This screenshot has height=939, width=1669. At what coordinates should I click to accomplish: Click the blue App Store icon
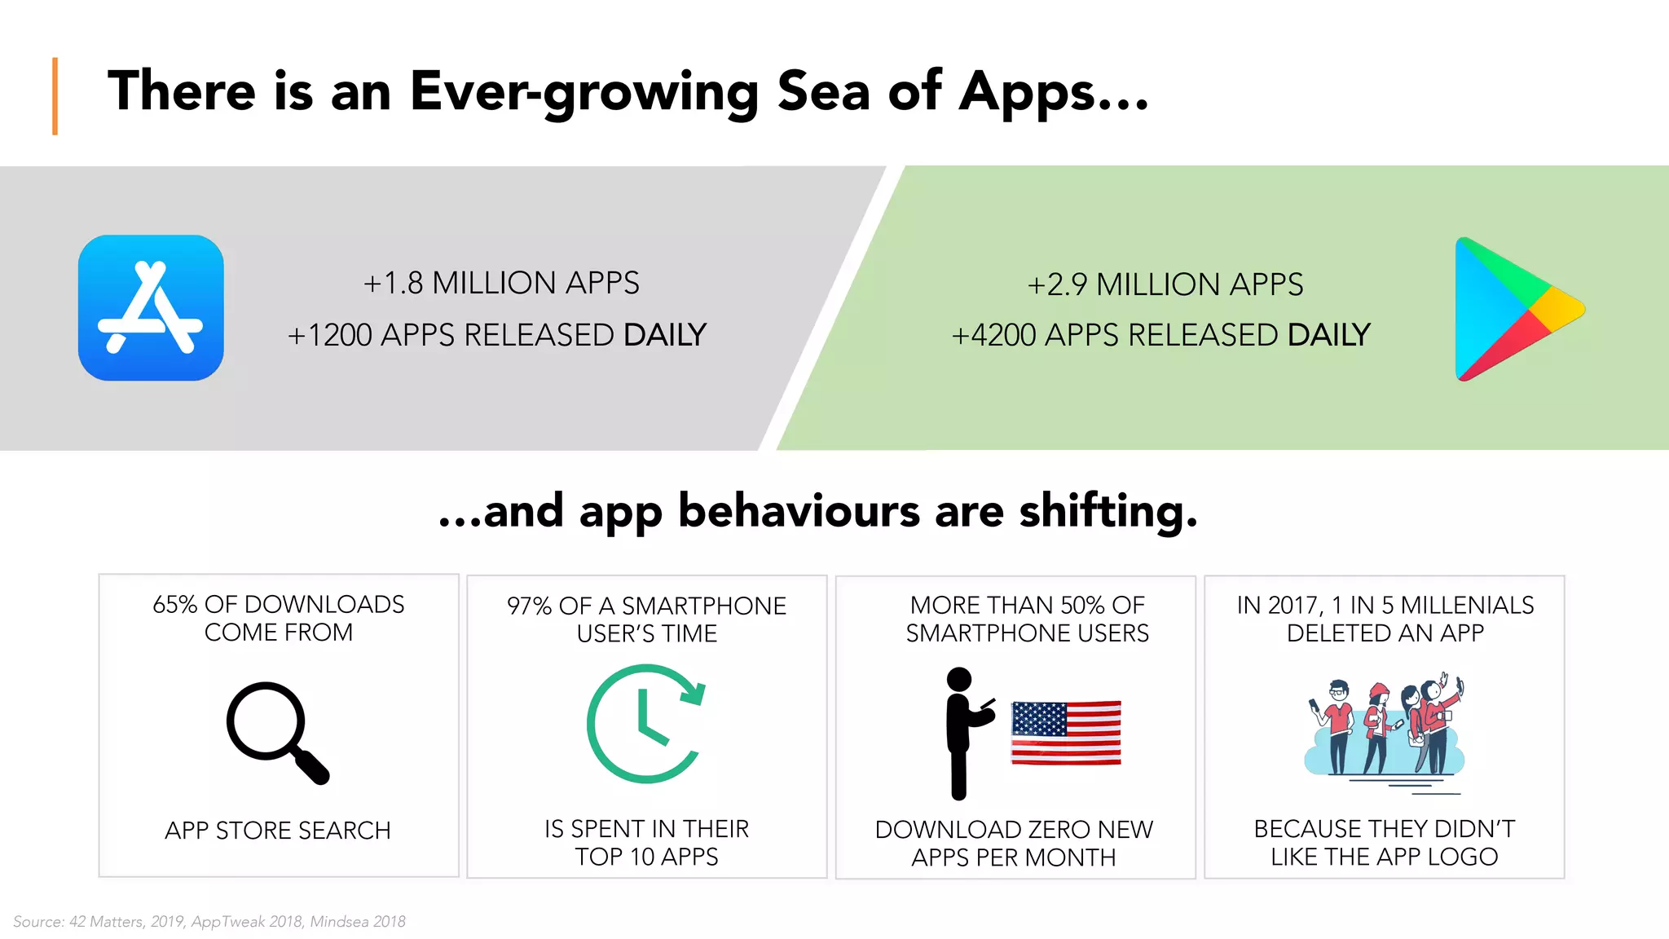pyautogui.click(x=151, y=308)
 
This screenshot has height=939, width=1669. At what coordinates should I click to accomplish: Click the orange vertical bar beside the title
pyautogui.click(x=55, y=96)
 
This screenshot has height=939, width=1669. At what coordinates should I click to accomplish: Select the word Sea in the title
pyautogui.click(x=823, y=91)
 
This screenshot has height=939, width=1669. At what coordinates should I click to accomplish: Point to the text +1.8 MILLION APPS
pyautogui.click(x=501, y=284)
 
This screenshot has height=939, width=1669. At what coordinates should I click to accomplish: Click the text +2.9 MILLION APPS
pyautogui.click(x=1165, y=285)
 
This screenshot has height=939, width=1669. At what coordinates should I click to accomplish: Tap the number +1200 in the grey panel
pyautogui.click(x=329, y=336)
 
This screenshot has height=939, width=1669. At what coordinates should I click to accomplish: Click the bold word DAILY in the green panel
pyautogui.click(x=1329, y=335)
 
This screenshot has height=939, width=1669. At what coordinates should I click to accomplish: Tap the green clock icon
pyautogui.click(x=645, y=724)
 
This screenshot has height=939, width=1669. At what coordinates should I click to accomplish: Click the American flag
pyautogui.click(x=1066, y=732)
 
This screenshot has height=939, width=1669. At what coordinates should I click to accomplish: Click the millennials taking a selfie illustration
pyautogui.click(x=1385, y=730)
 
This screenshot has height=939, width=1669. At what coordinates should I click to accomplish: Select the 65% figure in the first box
pyautogui.click(x=174, y=605)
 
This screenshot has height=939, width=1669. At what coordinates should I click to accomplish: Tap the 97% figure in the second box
pyautogui.click(x=529, y=606)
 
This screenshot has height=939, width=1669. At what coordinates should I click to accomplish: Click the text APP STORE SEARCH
pyautogui.click(x=278, y=831)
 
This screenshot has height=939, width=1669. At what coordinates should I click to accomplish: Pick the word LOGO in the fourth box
pyautogui.click(x=1463, y=857)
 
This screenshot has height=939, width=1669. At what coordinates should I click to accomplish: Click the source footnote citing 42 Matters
pyautogui.click(x=209, y=922)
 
